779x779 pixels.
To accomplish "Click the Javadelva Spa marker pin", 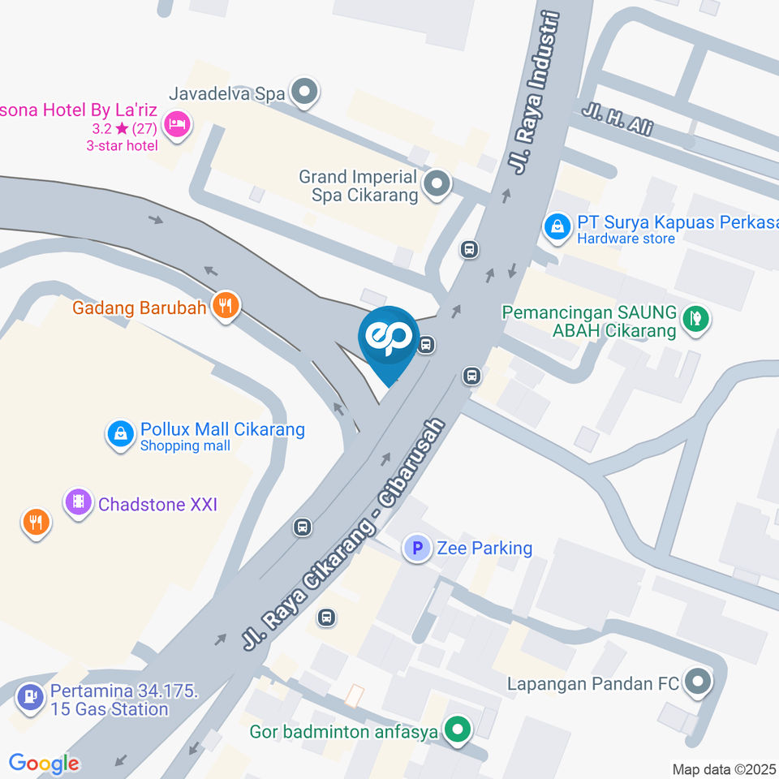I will point(305,93).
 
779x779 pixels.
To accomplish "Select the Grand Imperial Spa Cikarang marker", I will point(438,184).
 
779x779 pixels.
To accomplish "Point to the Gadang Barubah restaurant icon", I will point(225,306).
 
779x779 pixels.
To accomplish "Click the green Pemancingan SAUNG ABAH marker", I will point(695,318).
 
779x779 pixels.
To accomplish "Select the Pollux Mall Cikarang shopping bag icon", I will point(120,433).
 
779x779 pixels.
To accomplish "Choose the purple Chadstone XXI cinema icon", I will point(78,501).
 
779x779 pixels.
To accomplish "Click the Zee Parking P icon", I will point(417,549).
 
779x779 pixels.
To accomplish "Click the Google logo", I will point(44,764).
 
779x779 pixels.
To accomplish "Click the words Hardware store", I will point(626,239).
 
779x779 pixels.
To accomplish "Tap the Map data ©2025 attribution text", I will point(725,769).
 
